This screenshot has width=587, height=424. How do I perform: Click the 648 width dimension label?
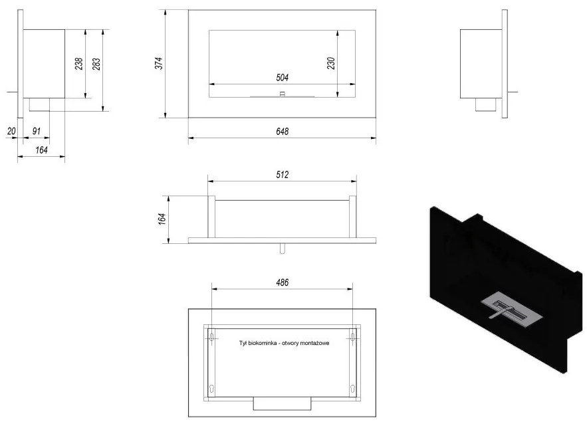pos(283,132)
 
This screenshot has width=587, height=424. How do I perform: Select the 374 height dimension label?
pos(159,63)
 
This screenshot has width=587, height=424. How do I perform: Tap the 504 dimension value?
pos(283,78)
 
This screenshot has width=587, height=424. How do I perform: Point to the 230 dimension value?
pos(331,63)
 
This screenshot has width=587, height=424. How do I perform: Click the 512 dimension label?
pos(283,174)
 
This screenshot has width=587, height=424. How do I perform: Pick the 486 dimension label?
pos(283,282)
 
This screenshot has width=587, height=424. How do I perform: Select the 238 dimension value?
pos(78,64)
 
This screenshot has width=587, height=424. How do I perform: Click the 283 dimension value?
pos(96,64)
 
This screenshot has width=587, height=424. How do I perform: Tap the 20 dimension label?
pos(11,131)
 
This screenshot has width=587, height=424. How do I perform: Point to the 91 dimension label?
pos(37,131)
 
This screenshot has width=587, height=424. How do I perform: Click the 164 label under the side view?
pos(42,150)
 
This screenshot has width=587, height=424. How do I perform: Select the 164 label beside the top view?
pos(162,219)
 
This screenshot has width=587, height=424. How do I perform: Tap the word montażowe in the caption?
pos(316,343)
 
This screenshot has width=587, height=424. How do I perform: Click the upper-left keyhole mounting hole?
pos(212,336)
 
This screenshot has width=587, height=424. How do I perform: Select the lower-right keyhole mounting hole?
pos(352,389)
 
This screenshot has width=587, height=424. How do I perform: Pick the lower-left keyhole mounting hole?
pos(212,389)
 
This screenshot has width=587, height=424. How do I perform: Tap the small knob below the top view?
pos(283,249)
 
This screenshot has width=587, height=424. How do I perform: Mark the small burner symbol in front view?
pos(283,94)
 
